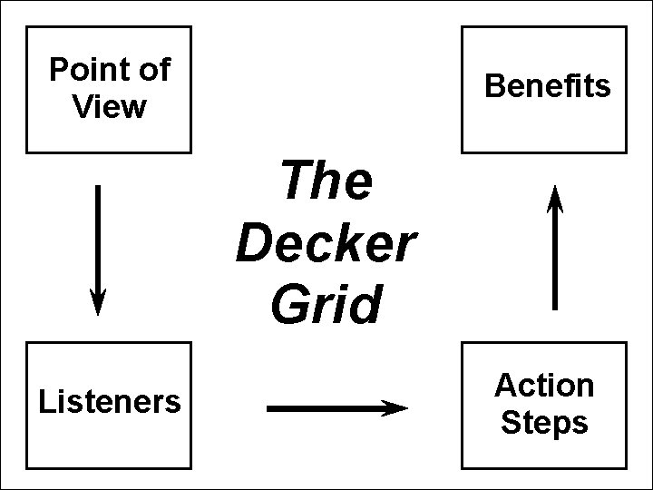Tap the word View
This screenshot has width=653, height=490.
pos(109,107)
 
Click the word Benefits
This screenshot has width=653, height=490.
pos(548,86)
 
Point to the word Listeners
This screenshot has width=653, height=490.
pos(109,401)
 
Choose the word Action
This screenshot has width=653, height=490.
pos(544,386)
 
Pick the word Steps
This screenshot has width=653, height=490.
pos(544,423)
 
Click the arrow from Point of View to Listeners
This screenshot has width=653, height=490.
pos(98,250)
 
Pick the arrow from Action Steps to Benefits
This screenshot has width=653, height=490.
pos(555,247)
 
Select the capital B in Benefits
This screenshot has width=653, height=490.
pos(495,86)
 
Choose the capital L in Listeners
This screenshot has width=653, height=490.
pos(45,401)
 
